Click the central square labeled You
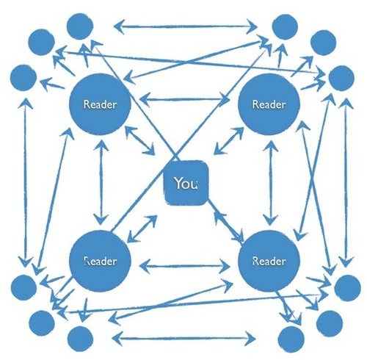click(186, 183)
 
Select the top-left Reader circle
click(100, 104)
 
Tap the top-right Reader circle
click(269, 104)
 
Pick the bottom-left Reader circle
click(100, 261)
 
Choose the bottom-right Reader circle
click(269, 261)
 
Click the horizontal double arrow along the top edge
click(186, 26)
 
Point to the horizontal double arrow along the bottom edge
click(184, 339)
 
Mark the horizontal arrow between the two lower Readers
click(185, 266)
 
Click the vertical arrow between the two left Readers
click(101, 182)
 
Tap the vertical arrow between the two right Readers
click(271, 183)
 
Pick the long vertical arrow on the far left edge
click(25, 182)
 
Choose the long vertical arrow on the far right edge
click(346, 182)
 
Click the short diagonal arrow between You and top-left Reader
click(139, 140)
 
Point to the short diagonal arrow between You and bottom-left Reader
click(142, 228)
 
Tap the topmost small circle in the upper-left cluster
click(80, 26)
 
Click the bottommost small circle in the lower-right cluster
click(291, 339)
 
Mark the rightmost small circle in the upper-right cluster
click(341, 78)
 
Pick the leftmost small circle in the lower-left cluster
click(23, 287)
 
